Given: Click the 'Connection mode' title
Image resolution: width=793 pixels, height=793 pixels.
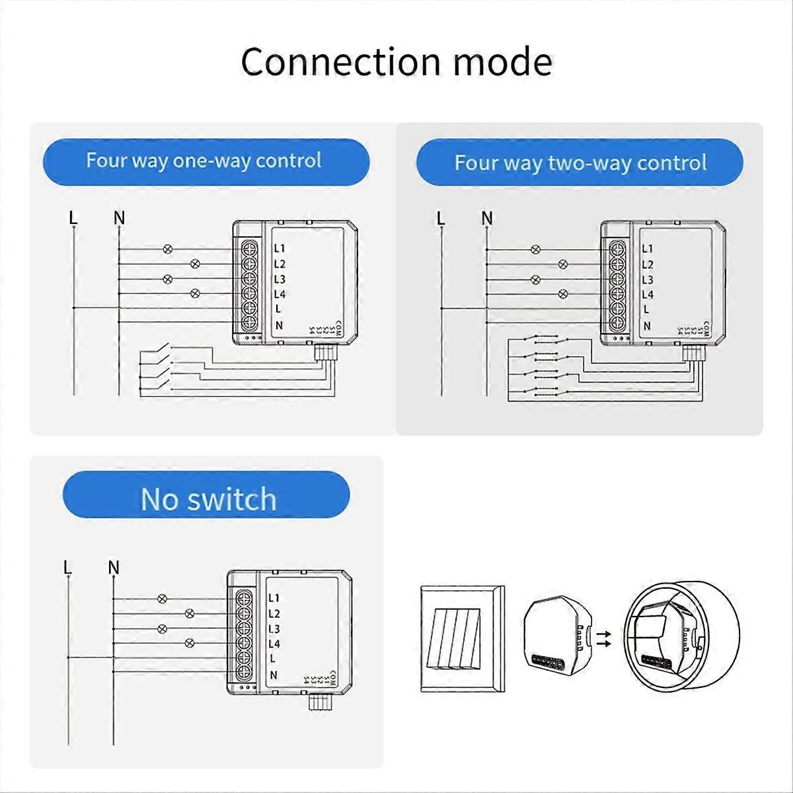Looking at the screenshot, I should pos(397,62).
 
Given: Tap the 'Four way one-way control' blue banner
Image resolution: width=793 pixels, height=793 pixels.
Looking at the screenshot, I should pos(206,161).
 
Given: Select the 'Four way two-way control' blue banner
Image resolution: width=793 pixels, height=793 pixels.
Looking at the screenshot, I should pos(580,163).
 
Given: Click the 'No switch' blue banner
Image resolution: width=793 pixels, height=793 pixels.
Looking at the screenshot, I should pos(207,499).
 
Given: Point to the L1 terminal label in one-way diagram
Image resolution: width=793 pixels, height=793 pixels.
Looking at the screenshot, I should pos(280,248).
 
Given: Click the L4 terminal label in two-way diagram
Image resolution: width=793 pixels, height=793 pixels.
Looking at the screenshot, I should pos(648,295).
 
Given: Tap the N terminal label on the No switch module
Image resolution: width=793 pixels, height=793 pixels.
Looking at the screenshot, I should pos(272,675).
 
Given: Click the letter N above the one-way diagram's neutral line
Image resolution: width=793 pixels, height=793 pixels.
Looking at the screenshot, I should pos(119,217).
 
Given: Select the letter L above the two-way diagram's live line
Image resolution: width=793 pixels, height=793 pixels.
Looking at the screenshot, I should pos(441,218).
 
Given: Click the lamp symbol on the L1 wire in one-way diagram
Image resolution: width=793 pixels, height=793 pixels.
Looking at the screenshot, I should pos(168,249).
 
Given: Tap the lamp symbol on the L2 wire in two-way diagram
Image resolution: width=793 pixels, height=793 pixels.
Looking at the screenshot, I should pos(563,264).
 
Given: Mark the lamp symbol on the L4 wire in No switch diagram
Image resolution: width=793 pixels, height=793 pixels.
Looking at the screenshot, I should pos(190,643).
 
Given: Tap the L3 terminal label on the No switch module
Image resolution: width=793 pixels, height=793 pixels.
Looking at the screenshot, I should pos(274,628).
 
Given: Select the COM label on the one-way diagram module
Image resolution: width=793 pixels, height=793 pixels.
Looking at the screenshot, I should pos(337,328).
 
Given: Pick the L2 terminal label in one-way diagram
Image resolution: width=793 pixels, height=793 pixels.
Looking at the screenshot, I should pos(280,264).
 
